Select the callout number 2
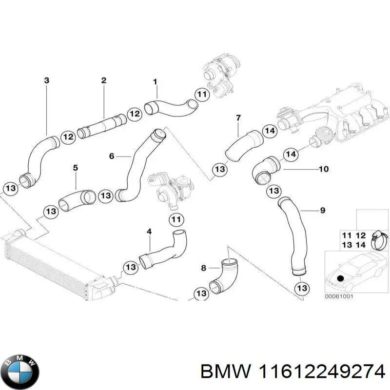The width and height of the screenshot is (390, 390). [103, 80]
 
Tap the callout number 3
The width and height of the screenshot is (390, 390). [46, 80]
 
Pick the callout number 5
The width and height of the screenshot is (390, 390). [76, 168]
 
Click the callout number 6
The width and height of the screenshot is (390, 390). [112, 156]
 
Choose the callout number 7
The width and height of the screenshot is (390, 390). [238, 117]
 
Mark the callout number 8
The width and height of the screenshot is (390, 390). [204, 268]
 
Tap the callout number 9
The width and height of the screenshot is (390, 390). [322, 211]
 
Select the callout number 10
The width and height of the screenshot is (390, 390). [323, 169]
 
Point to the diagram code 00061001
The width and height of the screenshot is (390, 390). [339, 296]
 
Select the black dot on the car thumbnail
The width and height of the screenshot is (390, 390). [341, 277]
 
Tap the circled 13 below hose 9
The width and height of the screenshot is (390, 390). [302, 289]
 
